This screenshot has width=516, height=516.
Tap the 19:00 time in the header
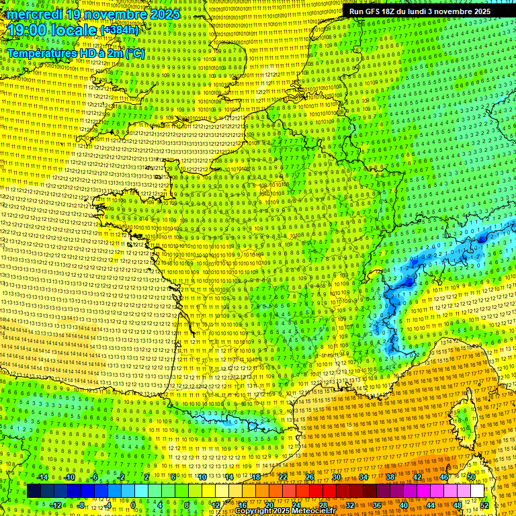point(28,30)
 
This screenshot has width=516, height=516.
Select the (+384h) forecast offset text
point(119,30)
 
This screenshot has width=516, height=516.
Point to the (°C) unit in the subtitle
point(135,53)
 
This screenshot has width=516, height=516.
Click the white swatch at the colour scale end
point(477,491)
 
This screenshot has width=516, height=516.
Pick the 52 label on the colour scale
point(484,505)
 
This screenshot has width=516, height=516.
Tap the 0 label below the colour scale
point(134,505)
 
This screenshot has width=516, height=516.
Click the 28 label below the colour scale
point(323,505)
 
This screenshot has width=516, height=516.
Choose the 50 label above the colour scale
point(471,477)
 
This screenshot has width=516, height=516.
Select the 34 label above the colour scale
point(363,477)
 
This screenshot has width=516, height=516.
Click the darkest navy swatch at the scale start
point(34,491)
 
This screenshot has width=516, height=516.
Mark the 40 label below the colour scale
point(404,505)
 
